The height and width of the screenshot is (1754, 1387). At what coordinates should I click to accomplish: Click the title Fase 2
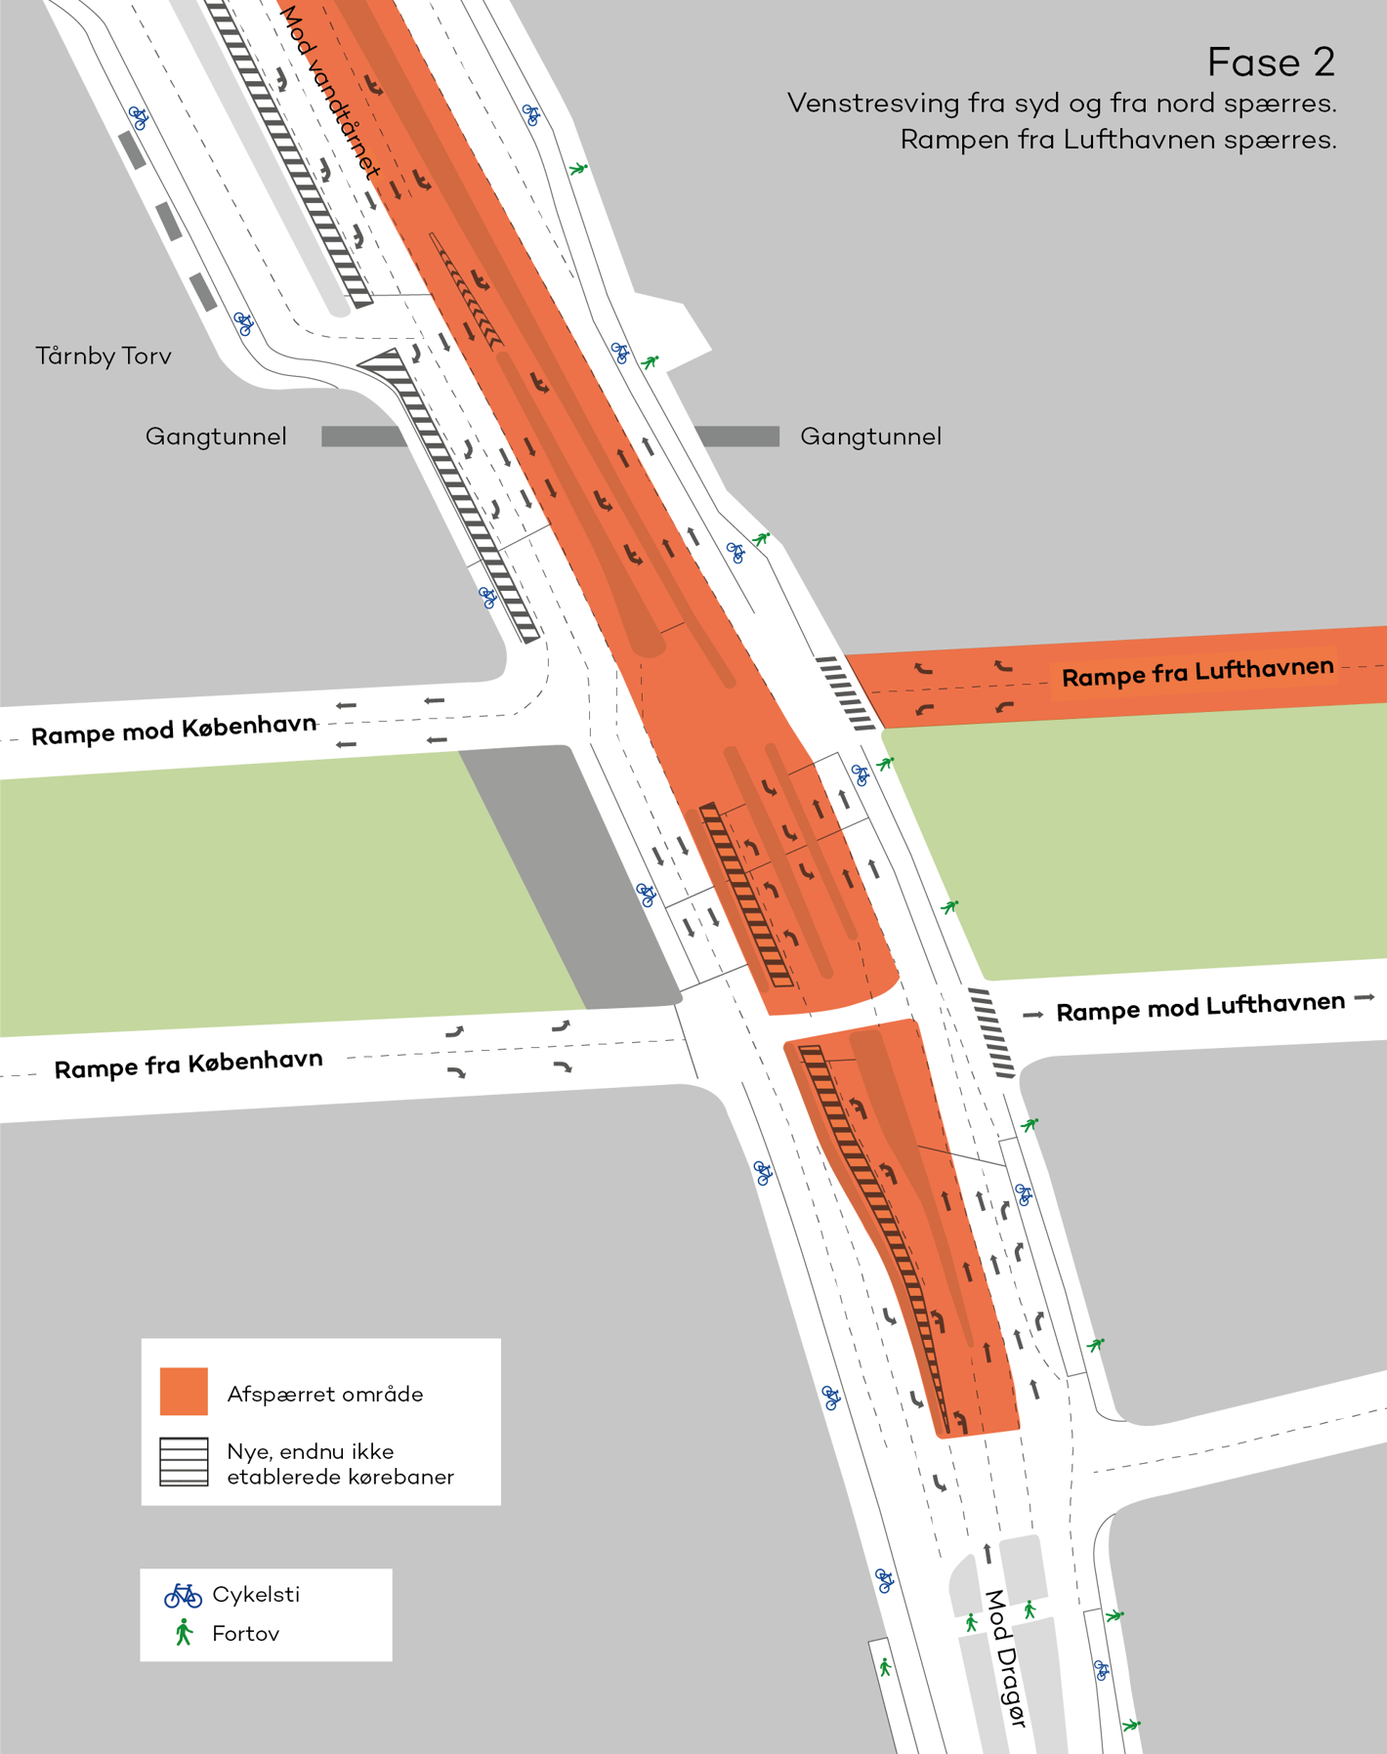tap(1270, 63)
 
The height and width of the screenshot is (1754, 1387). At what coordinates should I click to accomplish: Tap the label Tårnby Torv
tap(104, 356)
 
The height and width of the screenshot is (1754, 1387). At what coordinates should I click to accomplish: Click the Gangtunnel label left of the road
tap(216, 437)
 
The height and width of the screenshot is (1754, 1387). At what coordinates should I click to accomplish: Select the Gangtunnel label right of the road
tap(870, 437)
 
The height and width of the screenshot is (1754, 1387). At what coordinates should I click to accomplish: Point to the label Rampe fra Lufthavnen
tap(1197, 672)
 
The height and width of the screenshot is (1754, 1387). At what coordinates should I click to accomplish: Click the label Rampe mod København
tap(174, 730)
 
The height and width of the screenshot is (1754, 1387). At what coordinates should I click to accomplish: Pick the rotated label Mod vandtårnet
tap(329, 93)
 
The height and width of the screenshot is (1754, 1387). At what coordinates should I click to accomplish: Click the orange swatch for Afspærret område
tap(184, 1391)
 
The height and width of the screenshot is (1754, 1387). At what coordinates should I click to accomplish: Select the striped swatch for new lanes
tap(184, 1461)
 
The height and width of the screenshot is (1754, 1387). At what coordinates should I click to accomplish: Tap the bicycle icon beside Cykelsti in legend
tap(183, 1595)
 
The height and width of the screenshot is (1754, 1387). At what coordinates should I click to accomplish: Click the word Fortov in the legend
tap(245, 1634)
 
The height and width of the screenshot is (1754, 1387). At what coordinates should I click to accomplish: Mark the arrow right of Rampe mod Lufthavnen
tap(1365, 998)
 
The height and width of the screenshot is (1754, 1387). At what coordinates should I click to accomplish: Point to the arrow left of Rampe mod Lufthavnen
tap(1032, 1016)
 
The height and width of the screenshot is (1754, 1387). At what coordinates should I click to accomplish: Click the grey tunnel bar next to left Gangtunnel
tap(361, 437)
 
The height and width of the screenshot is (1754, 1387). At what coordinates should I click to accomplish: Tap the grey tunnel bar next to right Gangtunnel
tap(738, 437)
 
